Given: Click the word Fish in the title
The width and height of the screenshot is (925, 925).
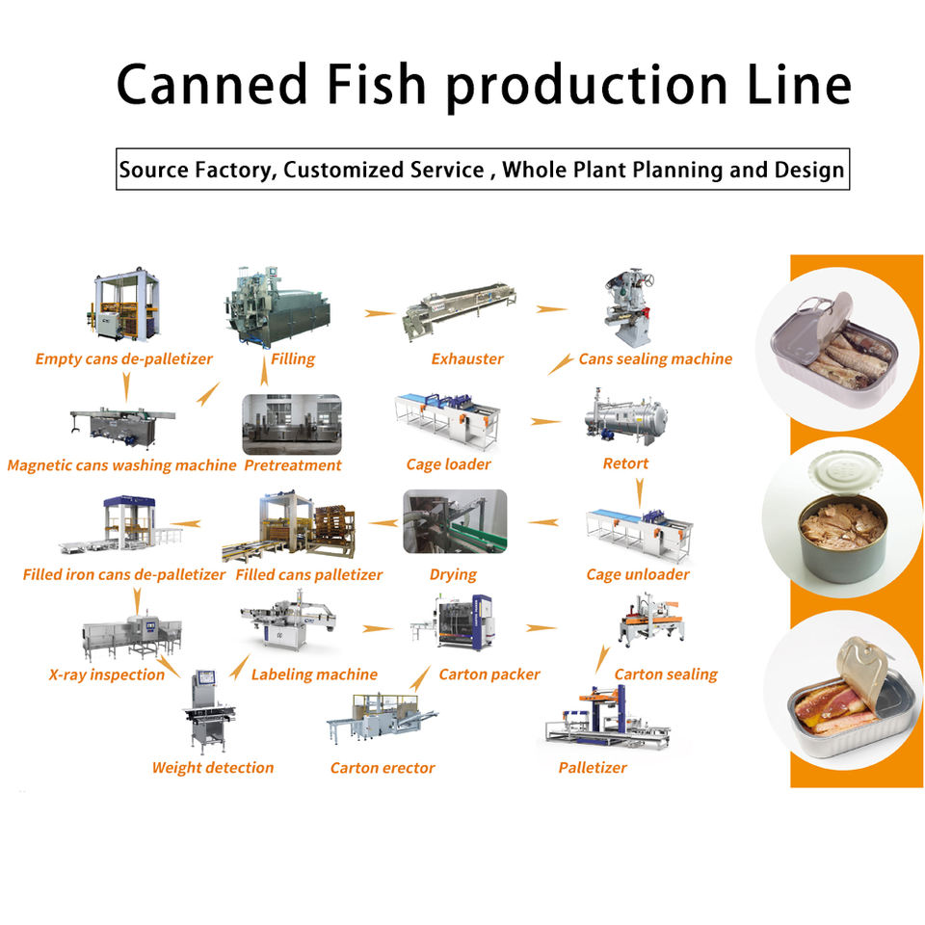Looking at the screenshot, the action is tap(376, 84).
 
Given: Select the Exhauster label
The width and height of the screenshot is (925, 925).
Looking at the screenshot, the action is tap(467, 358).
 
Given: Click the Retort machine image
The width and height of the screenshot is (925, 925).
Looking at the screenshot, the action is tap(625, 416).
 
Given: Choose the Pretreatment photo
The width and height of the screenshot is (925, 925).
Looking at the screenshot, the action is tap(292, 425).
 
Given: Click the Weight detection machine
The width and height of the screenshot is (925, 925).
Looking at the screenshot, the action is tap(209, 711).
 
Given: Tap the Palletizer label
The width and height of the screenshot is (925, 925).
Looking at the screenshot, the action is tap(593, 768).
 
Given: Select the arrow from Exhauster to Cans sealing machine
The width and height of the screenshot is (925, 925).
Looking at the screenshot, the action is tap(551, 309).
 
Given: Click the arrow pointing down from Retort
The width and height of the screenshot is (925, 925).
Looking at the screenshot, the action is tap(640, 492).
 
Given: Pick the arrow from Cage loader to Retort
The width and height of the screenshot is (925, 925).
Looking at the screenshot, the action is tap(545, 421).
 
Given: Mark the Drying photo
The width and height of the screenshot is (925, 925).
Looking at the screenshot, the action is tap(455, 521).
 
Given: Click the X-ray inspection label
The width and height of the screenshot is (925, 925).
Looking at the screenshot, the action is tap(107, 674).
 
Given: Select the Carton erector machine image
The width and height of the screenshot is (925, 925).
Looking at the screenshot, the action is tap(382, 718).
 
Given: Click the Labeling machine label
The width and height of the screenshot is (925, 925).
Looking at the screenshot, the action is tap(314, 674).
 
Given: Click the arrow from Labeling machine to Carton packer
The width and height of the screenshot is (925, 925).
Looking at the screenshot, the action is tap(378, 629).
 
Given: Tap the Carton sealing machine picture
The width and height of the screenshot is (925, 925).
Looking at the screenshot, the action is tap(652, 620).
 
